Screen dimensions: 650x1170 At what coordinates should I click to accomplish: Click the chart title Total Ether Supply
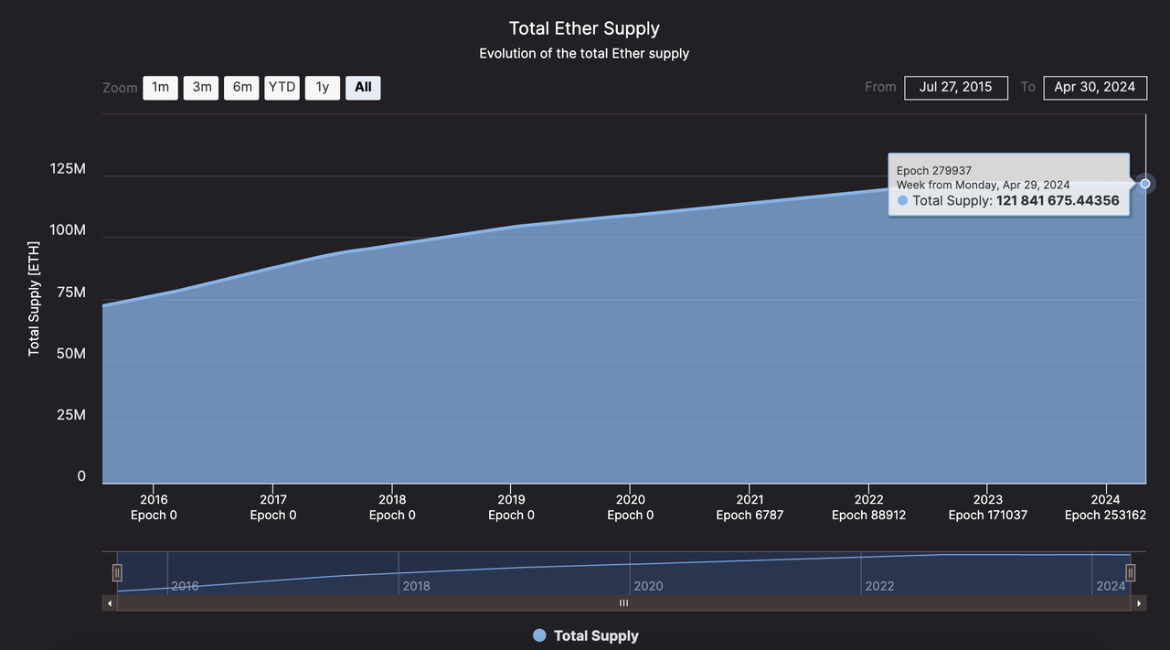[584, 28]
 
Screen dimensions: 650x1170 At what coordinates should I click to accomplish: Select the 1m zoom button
[160, 88]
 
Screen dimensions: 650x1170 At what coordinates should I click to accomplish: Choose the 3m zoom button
[201, 88]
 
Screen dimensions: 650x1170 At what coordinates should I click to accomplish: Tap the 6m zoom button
[241, 88]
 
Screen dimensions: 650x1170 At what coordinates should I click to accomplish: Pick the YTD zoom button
[282, 88]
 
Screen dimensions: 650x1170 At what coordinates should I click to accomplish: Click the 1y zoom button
[322, 88]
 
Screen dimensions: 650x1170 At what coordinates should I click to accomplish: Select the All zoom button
[363, 88]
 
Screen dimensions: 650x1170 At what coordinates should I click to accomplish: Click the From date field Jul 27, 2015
[956, 88]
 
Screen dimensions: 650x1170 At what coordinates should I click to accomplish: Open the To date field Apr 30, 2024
[1094, 88]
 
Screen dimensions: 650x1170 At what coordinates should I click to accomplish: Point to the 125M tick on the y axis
[68, 169]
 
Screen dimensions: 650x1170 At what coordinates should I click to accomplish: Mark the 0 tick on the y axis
[81, 475]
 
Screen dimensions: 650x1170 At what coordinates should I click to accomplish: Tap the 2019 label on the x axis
[511, 499]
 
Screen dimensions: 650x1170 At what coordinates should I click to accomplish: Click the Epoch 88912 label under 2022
[868, 515]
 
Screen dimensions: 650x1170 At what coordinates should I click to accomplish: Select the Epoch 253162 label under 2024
[1106, 515]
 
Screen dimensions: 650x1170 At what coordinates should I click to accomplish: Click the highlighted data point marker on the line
[1145, 184]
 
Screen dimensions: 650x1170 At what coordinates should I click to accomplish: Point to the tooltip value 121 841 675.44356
[1058, 200]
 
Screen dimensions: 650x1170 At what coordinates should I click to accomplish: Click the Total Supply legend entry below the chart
[586, 635]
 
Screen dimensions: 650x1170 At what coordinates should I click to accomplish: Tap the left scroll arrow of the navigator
[110, 603]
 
